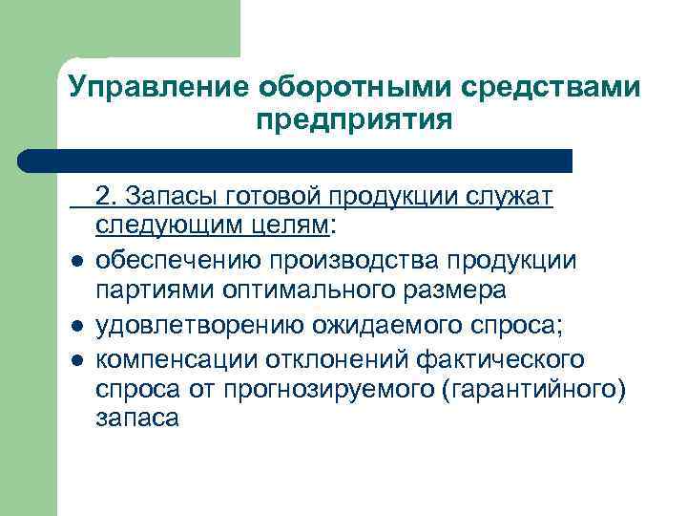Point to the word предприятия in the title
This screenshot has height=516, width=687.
[x=353, y=121]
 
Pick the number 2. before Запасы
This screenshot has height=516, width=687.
[x=107, y=197]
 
